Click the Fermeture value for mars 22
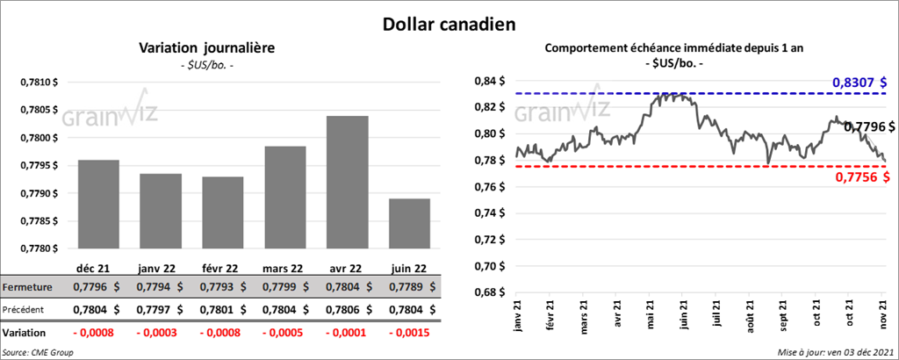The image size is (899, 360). tap(291, 286)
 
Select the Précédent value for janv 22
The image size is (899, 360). tap(162, 309)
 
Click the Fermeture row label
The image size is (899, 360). tap(27, 287)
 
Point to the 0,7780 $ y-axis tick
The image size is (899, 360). tap(40, 248)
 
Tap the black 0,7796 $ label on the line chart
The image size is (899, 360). tap(868, 126)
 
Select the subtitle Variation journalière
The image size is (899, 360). tap(195, 48)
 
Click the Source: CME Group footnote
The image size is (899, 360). tap(37, 352)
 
